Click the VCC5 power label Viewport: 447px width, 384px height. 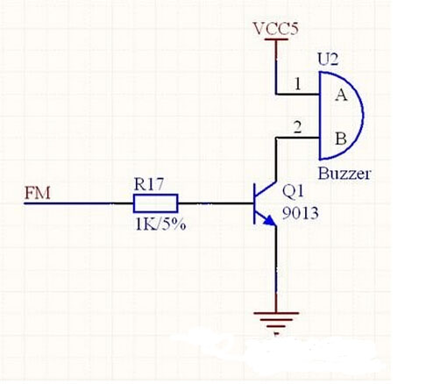click(x=276, y=29)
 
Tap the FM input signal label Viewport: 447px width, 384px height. click(x=38, y=193)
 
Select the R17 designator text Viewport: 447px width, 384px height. click(x=149, y=184)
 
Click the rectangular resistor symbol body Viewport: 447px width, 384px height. click(x=155, y=203)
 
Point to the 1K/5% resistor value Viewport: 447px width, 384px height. click(x=160, y=224)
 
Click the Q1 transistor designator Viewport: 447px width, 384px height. click(x=293, y=192)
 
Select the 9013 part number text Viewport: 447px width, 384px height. click(x=300, y=213)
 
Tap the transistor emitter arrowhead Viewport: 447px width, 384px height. click(x=270, y=221)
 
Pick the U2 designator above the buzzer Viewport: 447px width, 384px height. click(x=328, y=60)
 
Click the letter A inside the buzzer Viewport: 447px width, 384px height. click(x=341, y=95)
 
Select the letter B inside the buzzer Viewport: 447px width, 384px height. click(x=341, y=139)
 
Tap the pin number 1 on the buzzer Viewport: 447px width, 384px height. click(x=298, y=83)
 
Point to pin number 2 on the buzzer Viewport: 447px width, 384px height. click(x=297, y=127)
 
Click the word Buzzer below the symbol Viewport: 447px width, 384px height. click(x=344, y=174)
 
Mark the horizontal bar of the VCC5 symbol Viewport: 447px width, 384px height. click(x=276, y=39)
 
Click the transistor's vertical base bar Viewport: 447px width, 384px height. click(x=255, y=203)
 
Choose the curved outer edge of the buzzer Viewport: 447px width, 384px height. click(x=363, y=116)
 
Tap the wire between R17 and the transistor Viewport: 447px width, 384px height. click(x=216, y=203)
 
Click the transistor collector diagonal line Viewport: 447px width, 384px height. click(x=266, y=189)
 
